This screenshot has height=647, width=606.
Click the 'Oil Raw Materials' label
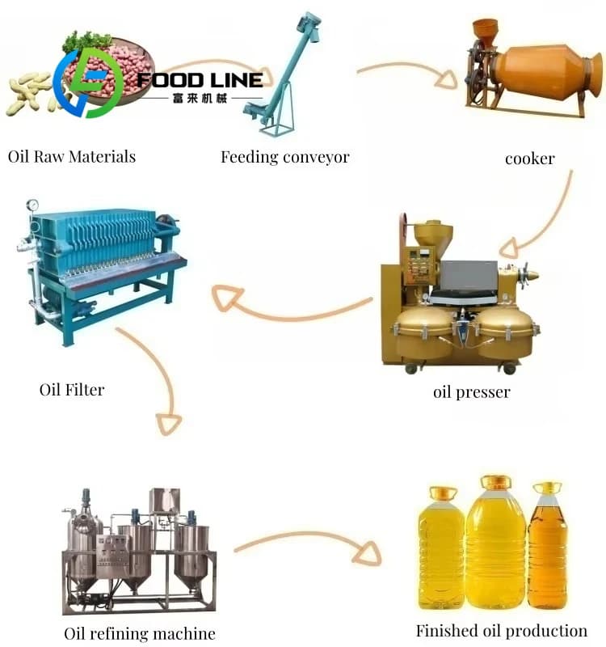[72, 157]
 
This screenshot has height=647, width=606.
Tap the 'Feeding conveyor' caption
[285, 157]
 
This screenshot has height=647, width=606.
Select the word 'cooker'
[530, 159]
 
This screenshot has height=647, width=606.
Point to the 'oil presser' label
[472, 391]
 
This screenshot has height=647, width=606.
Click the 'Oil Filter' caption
[72, 390]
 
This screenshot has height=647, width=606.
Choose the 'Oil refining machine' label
[140, 633]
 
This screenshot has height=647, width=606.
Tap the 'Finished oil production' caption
[502, 631]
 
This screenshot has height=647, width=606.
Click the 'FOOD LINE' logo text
[200, 80]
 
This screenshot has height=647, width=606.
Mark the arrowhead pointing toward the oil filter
[226, 297]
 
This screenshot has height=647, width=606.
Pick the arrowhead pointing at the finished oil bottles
[368, 553]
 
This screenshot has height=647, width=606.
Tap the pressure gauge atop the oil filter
[32, 205]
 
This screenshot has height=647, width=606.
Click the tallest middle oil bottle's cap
[496, 482]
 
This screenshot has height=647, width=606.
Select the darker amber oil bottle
[548, 546]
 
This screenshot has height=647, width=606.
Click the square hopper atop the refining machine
[165, 500]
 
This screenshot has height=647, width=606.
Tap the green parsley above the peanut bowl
[86, 41]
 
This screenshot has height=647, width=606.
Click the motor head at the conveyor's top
[309, 26]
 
